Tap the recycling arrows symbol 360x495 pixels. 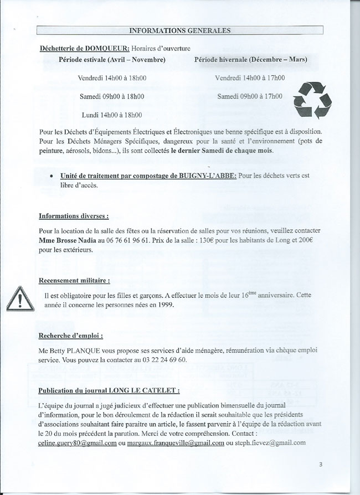click(312, 100)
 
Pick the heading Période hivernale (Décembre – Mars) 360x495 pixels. click(250, 59)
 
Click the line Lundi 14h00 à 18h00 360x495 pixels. click(111, 115)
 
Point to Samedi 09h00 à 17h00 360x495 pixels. click(249, 96)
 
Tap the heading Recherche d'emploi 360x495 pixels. click(70, 336)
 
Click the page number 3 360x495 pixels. click(321, 464)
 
